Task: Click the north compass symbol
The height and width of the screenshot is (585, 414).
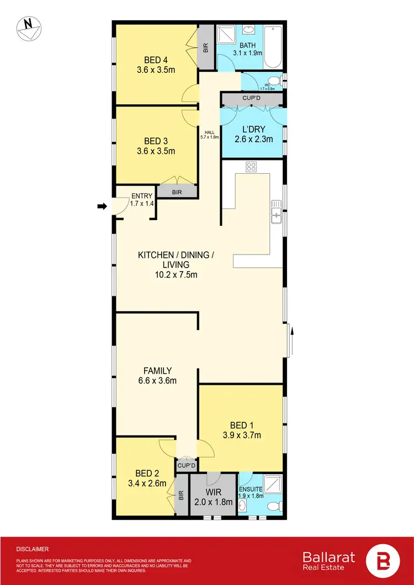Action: coord(27,28)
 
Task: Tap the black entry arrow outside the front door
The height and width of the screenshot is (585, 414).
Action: coord(102,206)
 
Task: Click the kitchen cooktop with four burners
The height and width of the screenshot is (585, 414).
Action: coord(251,166)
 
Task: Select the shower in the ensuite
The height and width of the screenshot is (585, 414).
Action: coord(272,483)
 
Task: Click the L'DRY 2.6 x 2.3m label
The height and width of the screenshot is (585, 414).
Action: coord(253,134)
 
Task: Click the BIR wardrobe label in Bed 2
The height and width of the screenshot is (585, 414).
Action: coord(181,496)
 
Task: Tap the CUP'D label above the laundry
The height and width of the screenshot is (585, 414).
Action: coord(251,98)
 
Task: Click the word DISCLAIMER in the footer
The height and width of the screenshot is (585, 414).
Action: coord(33,549)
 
